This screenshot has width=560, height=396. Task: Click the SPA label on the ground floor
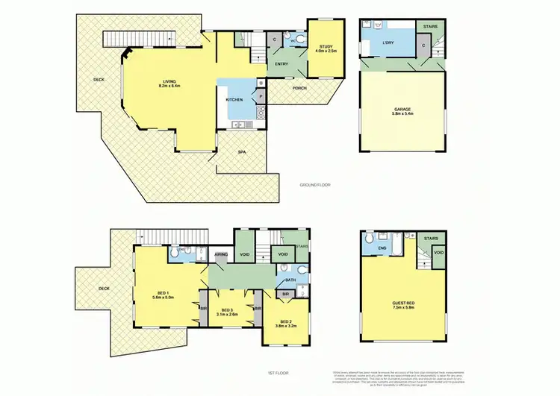[242, 152]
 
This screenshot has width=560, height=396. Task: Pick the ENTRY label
[281, 63]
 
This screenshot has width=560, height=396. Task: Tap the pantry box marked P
[261, 96]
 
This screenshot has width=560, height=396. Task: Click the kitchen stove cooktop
[261, 113]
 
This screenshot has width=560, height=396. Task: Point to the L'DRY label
[388, 44]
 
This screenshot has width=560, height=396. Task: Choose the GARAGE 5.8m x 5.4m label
[402, 112]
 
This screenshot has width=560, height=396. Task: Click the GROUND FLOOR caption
[314, 184]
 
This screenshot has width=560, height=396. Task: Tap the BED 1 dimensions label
[164, 296]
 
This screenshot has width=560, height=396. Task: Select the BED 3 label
[228, 312]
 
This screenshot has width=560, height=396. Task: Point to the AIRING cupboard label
[221, 254]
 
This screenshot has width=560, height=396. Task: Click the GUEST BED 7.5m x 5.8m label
[403, 305]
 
